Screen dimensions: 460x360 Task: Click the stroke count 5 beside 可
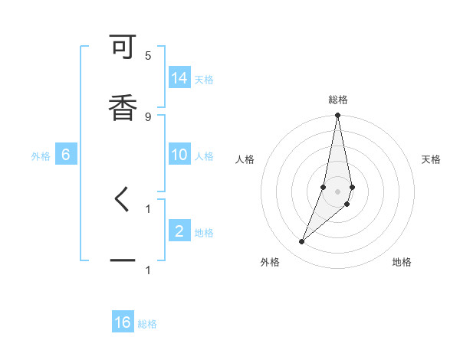tap(148, 56)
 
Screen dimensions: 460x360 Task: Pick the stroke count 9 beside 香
tap(148, 116)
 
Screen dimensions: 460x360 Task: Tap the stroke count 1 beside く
tap(148, 208)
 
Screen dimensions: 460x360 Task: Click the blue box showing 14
tap(179, 78)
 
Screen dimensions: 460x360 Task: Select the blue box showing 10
tap(179, 155)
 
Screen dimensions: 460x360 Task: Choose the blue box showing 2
tap(179, 231)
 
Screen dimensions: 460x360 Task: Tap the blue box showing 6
tap(66, 155)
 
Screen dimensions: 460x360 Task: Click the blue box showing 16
tap(123, 322)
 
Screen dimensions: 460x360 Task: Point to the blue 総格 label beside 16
tap(147, 324)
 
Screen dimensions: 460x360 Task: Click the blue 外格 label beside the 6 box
tap(41, 156)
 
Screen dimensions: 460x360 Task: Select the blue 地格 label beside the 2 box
tap(204, 233)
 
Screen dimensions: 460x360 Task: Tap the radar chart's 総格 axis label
tap(338, 100)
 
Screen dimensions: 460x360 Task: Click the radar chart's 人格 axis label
tap(245, 159)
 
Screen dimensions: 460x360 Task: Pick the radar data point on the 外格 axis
tap(301, 242)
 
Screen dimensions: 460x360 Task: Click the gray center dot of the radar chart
tap(338, 191)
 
